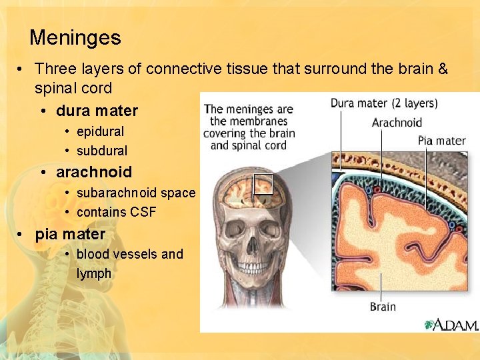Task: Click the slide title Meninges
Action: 75,37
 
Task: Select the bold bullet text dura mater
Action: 97,111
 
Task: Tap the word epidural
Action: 100,132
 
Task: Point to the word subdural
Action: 102,151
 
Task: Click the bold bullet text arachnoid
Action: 94,172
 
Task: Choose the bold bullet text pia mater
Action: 70,234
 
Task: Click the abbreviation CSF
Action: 143,212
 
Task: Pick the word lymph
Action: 94,273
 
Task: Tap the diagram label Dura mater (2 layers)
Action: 384,103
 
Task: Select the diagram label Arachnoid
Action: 397,122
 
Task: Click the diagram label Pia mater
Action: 441,141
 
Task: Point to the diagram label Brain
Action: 383,307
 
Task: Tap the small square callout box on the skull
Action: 263,184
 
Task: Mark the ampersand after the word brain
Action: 441,69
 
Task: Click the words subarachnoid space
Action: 136,193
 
